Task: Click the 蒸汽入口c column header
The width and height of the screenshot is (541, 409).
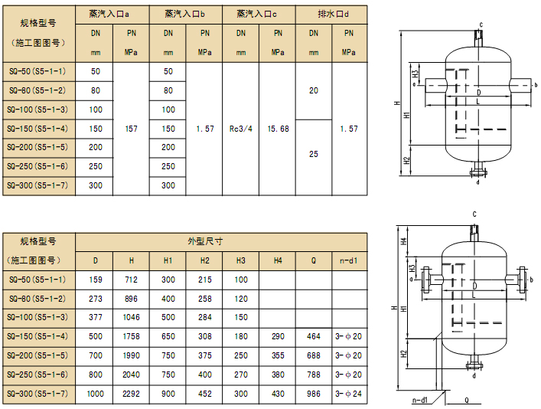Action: [259, 14]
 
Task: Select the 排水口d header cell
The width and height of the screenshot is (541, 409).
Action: [331, 14]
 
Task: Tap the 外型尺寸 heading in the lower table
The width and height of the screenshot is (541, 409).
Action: [206, 240]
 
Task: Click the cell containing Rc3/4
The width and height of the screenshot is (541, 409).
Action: [241, 129]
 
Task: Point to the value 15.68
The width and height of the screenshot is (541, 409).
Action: [278, 129]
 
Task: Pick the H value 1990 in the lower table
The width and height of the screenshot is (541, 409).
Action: [131, 356]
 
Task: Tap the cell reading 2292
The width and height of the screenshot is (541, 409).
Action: [131, 394]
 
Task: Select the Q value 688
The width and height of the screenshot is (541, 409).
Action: [314, 356]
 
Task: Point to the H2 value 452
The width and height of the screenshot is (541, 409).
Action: [204, 394]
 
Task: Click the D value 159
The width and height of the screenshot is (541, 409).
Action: [95, 280]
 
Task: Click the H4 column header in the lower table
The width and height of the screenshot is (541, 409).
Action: [278, 260]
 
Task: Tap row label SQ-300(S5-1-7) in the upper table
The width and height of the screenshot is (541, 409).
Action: [37, 185]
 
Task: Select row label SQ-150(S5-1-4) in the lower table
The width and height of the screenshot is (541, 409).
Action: [37, 337]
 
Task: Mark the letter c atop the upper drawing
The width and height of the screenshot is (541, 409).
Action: [481, 25]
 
